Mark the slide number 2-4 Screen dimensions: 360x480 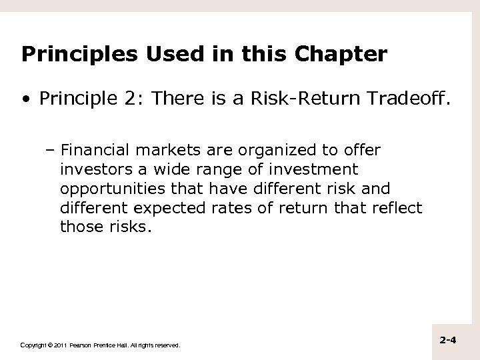[x=448, y=341]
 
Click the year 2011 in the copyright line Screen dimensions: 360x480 [x=60, y=345]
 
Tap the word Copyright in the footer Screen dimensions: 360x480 [x=33, y=345]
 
